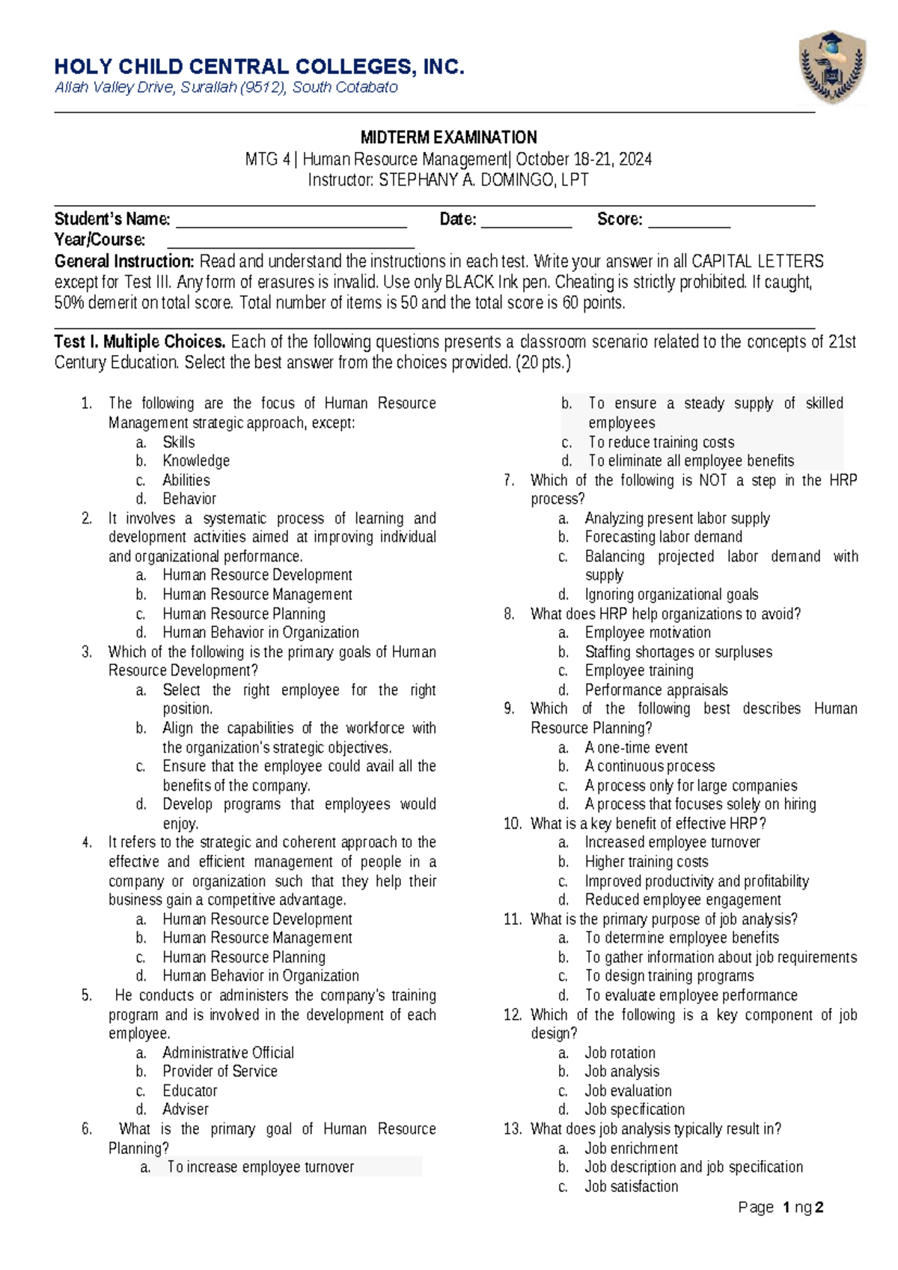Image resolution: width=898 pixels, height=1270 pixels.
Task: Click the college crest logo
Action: [832, 68]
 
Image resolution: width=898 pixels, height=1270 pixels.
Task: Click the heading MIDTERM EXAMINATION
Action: [448, 137]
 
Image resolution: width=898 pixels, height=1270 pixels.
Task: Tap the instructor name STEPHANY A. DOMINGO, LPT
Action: [483, 180]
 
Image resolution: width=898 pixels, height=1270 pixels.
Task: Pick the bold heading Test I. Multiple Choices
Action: [140, 342]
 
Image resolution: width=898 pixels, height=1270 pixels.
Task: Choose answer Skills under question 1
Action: [179, 442]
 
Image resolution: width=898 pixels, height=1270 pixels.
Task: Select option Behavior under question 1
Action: [189, 499]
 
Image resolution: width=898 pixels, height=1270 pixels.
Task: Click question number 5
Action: [87, 995]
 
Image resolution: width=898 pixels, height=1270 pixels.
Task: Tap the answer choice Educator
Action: [190, 1090]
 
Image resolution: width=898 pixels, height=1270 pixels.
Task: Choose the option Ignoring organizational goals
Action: [671, 595]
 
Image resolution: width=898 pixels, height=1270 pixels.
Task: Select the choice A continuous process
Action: [650, 766]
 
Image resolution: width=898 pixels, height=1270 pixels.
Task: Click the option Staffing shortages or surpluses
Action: [678, 651]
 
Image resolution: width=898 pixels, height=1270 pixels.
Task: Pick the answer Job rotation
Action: [620, 1052]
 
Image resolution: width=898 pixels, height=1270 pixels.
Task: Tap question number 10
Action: [512, 824]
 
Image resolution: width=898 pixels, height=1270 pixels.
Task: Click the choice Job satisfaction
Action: [631, 1186]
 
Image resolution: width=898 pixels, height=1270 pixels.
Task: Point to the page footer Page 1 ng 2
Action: [781, 1207]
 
